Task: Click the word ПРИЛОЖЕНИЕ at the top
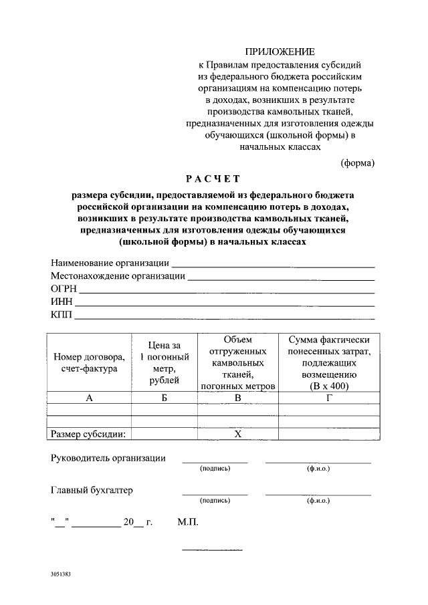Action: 280,51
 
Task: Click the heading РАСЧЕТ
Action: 213,178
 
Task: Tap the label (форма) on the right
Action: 358,162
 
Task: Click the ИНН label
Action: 62,301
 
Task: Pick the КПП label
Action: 62,314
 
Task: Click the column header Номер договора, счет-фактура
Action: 89,362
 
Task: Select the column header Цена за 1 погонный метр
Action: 165,362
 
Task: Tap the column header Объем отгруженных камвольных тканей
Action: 237,362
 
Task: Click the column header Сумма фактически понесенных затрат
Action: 328,362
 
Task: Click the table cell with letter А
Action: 89,398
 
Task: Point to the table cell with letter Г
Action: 328,398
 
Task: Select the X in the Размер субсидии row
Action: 237,434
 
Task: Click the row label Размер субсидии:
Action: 89,434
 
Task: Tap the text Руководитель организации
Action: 108,458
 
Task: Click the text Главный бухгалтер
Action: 92,490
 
